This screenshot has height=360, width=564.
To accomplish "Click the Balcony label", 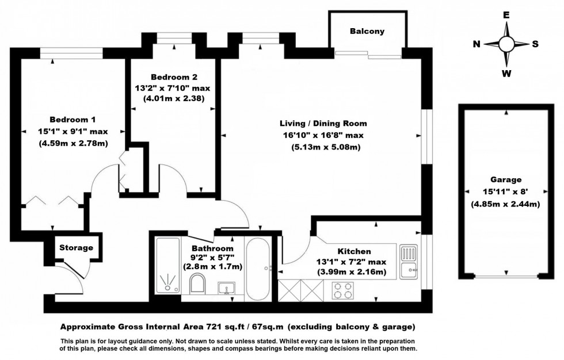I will pos(367,32).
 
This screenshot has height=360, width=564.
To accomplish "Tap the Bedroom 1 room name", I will pos(73,120).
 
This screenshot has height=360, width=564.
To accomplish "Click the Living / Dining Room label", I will pos(323,124).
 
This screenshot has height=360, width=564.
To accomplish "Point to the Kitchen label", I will pos(354,251).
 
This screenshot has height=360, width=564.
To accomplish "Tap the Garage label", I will pos(506,179).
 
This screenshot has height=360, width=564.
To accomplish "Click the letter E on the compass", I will pos(506,16).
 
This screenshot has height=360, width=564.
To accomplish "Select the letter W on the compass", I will pos(506,73).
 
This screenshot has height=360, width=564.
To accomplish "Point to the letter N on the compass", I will pos(477,44).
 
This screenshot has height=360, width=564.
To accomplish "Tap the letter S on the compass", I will pos(535,44).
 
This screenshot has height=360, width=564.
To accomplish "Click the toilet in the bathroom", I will pos(197,284).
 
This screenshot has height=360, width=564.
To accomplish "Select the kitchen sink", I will pos(408,259).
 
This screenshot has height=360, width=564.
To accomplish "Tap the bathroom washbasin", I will pos(226,288).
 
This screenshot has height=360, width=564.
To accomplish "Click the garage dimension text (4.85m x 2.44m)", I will pos(506,204).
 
